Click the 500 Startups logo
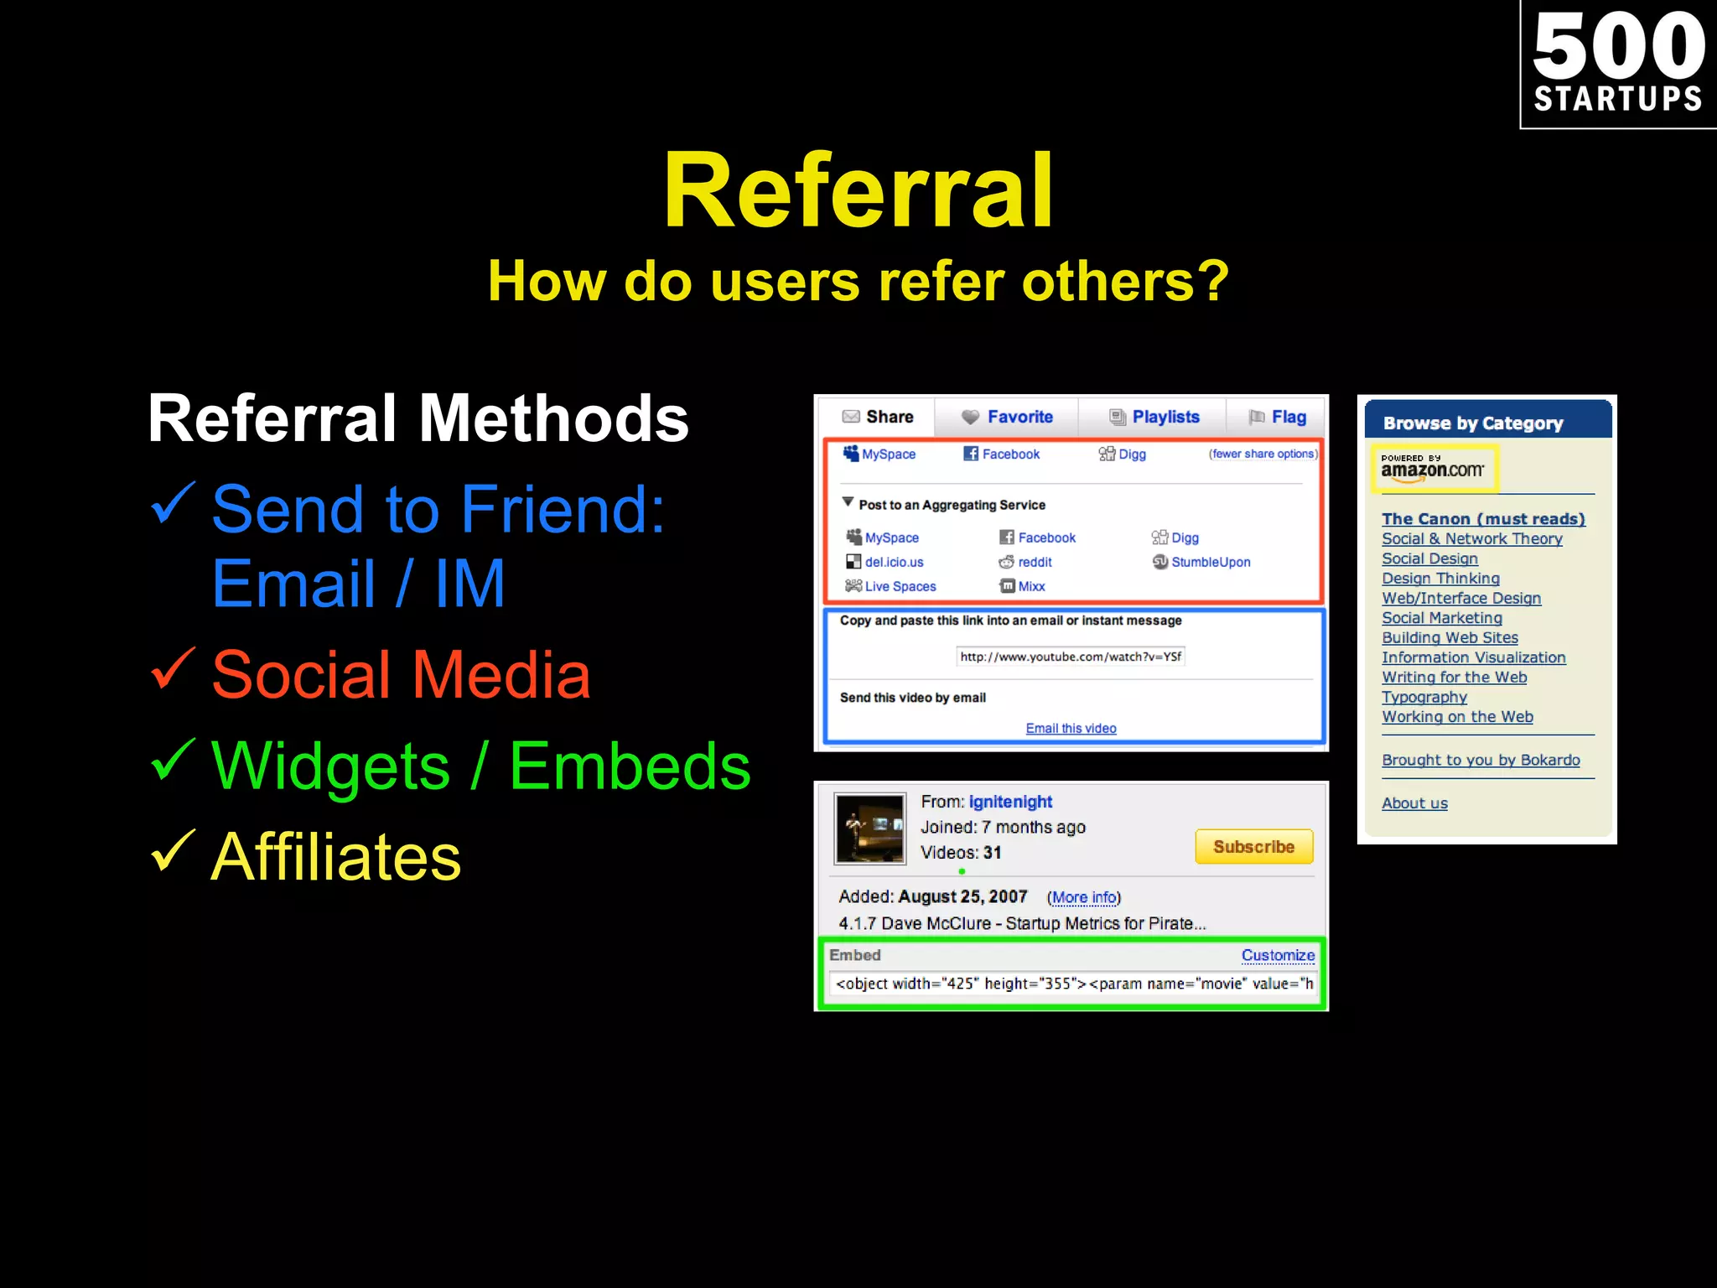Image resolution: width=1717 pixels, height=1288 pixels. pyautogui.click(x=1618, y=64)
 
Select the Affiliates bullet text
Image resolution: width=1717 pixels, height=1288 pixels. pyautogui.click(x=335, y=857)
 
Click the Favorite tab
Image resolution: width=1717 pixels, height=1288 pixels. pyautogui.click(x=1008, y=417)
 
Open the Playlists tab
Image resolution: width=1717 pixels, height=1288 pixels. pyautogui.click(x=1154, y=417)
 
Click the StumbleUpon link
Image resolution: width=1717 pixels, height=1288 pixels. pyautogui.click(x=1210, y=562)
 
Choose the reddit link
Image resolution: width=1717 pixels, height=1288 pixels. pyautogui.click(x=1034, y=562)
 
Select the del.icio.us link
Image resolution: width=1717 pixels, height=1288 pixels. pyautogui.click(x=893, y=562)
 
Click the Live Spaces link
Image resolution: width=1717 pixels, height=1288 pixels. pyautogui.click(x=900, y=586)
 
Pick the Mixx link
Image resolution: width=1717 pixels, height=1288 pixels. pyautogui.click(x=1030, y=586)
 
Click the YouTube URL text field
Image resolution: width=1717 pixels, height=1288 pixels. pyautogui.click(x=1071, y=657)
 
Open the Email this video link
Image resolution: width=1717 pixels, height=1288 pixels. pyautogui.click(x=1071, y=728)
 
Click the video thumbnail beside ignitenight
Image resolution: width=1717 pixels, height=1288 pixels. pyautogui.click(x=870, y=828)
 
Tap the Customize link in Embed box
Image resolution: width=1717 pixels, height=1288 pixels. pyautogui.click(x=1278, y=955)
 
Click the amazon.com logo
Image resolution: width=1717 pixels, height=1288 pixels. pyautogui.click(x=1433, y=469)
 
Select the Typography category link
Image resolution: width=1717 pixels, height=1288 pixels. pyautogui.click(x=1424, y=697)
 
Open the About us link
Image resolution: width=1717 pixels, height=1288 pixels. pyautogui.click(x=1414, y=803)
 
